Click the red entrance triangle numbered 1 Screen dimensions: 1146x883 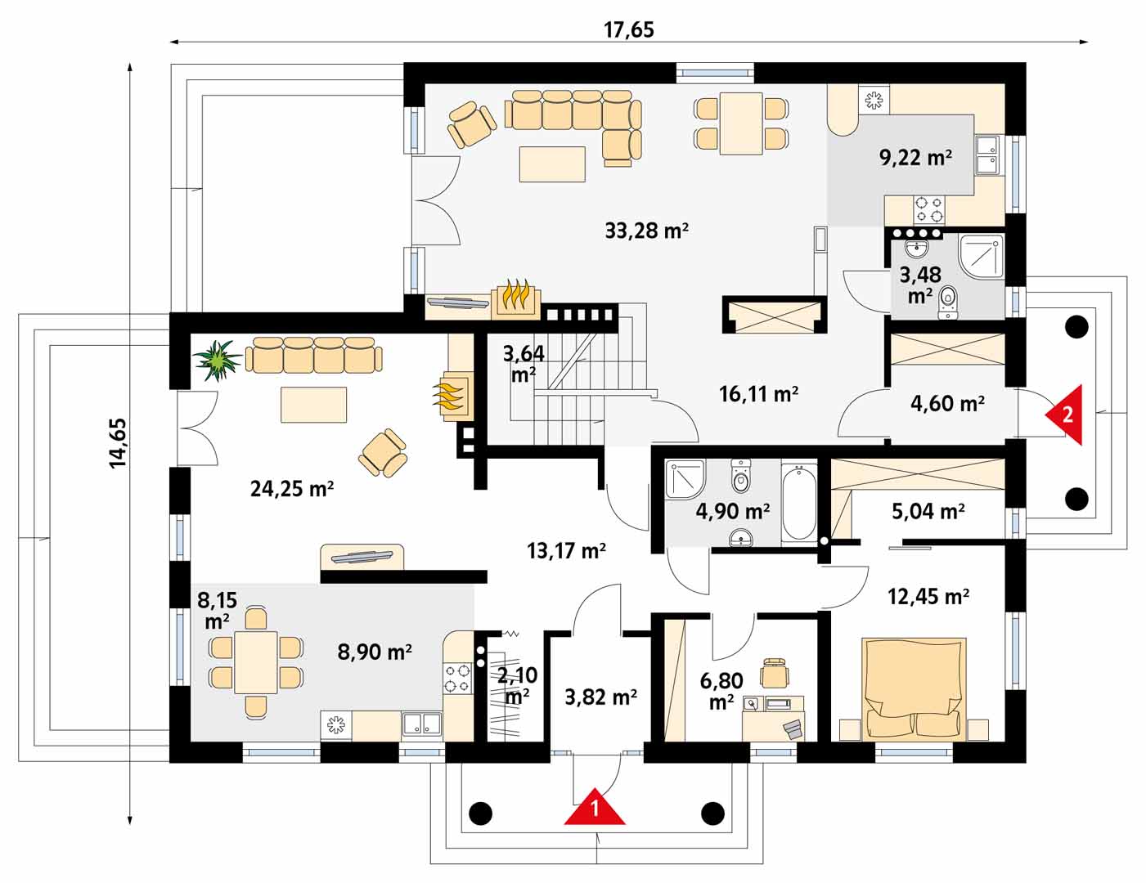595,808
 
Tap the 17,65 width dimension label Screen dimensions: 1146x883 629,30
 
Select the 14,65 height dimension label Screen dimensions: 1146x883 118,443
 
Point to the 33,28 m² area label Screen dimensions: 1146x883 646,231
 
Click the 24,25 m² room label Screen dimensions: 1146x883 292,489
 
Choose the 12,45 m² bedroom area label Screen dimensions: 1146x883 928,597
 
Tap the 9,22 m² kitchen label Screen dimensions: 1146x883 915,157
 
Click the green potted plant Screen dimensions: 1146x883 217,361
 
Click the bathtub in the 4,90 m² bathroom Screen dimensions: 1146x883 799,502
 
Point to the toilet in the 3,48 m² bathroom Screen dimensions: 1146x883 948,303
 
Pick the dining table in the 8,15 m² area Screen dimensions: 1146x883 256,662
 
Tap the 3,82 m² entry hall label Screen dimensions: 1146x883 600,697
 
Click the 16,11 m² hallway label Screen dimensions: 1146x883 758,394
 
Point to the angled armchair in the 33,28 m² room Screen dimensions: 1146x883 471,124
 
